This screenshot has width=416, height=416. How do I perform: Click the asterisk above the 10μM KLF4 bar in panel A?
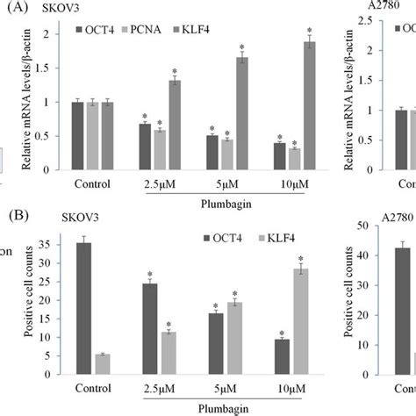[308, 31]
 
